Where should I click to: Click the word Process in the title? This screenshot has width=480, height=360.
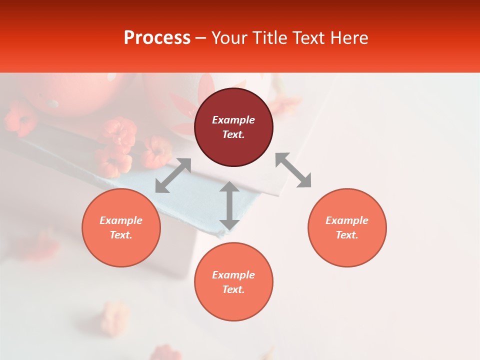pos(157,38)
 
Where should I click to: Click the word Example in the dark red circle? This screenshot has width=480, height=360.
pos(233,120)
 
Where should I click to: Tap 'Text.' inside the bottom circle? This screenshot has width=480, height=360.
pos(233,289)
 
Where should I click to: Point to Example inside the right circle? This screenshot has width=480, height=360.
pos(347,220)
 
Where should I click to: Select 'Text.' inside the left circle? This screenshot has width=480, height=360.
pos(121,235)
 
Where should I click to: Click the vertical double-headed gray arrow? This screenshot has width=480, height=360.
pos(229,205)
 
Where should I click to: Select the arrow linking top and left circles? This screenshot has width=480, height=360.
pos(173,175)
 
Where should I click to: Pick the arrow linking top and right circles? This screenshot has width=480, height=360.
pos(293,170)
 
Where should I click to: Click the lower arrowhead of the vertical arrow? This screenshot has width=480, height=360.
pos(229,225)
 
